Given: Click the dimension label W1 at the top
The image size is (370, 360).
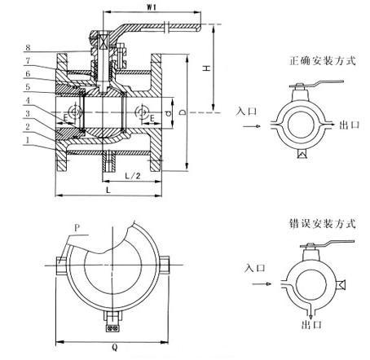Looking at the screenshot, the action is click(152, 7).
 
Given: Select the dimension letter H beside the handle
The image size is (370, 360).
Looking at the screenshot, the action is click(207, 68).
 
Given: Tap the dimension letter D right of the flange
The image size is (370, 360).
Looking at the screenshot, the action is click(183, 112).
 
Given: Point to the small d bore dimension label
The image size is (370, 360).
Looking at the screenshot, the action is click(169, 113).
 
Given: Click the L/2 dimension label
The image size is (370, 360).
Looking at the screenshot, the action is click(133, 176).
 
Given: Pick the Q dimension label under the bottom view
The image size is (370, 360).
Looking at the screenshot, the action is click(115, 347).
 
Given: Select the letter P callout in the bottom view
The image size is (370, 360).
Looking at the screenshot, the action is click(77, 228).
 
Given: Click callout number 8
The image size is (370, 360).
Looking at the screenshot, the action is click(28, 48).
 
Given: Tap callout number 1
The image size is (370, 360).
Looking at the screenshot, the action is click(28, 140).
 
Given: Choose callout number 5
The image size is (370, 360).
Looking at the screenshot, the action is click(28, 87).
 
